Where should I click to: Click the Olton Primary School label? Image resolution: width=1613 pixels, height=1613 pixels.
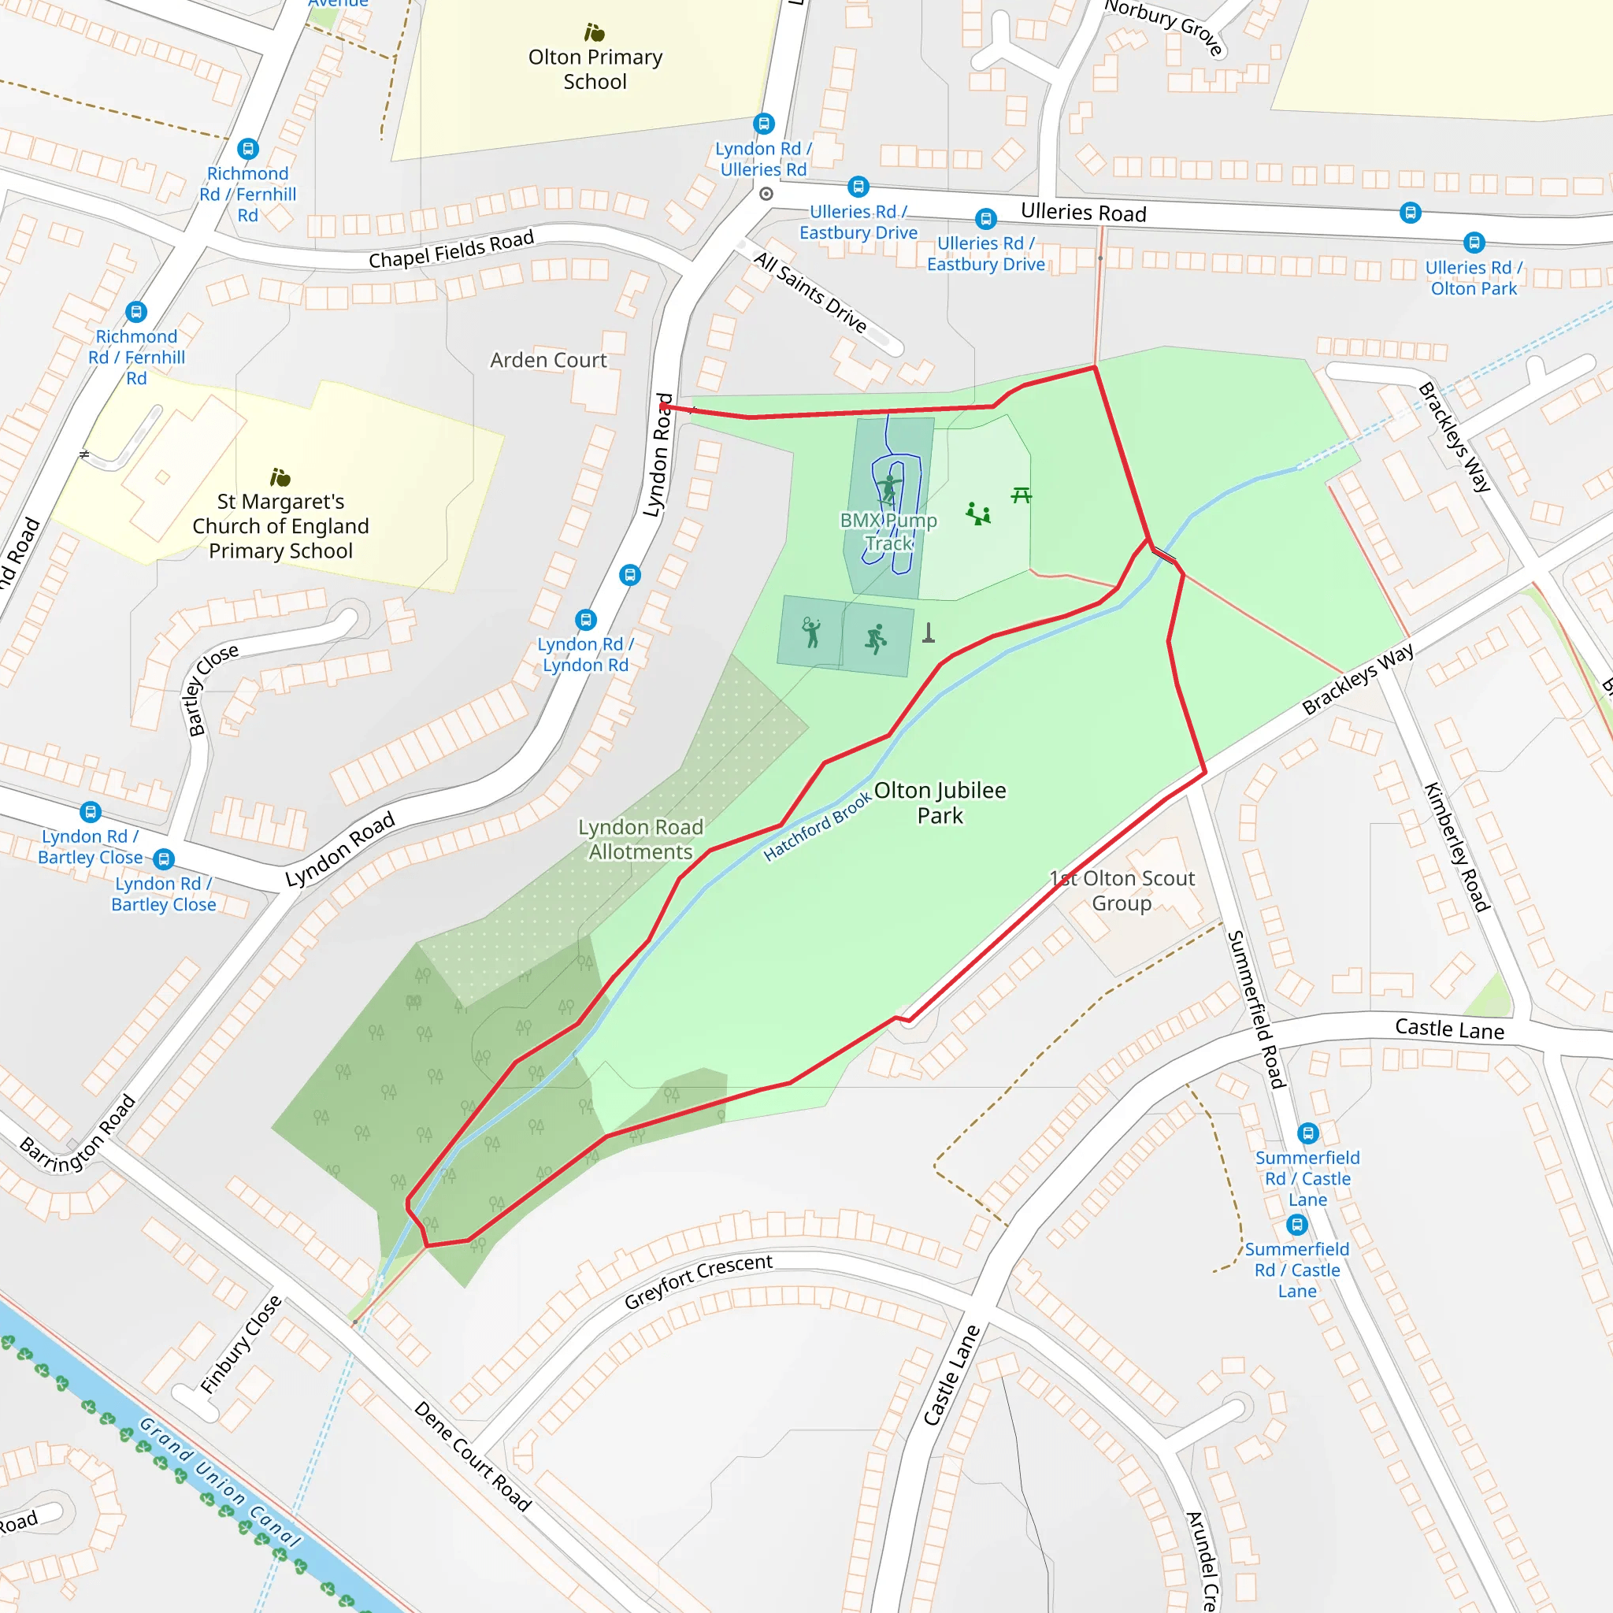tap(595, 69)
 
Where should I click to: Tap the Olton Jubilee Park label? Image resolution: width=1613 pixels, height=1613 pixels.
tap(940, 803)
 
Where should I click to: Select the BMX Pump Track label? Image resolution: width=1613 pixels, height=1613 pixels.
tap(888, 532)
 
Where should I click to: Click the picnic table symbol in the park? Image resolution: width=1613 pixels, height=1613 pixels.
tap(1021, 496)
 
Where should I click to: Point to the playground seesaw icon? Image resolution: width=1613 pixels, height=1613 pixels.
tap(977, 514)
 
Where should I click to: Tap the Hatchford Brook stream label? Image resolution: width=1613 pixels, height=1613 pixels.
tap(818, 825)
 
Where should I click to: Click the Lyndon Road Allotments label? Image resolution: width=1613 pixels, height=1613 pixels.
tap(640, 839)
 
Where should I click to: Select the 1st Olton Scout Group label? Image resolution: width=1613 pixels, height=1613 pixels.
tap(1122, 890)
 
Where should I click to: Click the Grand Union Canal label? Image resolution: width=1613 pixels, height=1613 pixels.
tap(219, 1482)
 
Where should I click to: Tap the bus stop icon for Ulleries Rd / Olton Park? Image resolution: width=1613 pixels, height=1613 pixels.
tap(1474, 243)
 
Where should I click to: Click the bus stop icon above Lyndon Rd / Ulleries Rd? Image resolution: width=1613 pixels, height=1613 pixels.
tap(764, 124)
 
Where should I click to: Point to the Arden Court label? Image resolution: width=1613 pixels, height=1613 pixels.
tap(548, 360)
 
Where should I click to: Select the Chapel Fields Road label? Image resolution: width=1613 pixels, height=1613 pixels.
tap(451, 250)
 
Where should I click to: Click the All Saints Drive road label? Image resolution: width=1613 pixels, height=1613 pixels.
tap(810, 291)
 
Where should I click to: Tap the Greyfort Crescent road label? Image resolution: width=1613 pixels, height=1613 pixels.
tap(698, 1281)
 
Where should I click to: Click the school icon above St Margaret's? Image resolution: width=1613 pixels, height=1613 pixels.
tap(280, 476)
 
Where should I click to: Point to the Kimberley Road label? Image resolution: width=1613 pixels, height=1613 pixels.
tap(1456, 847)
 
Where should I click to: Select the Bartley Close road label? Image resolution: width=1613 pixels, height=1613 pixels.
tap(211, 690)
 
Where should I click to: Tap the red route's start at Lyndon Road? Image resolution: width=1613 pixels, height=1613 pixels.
tap(664, 406)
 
